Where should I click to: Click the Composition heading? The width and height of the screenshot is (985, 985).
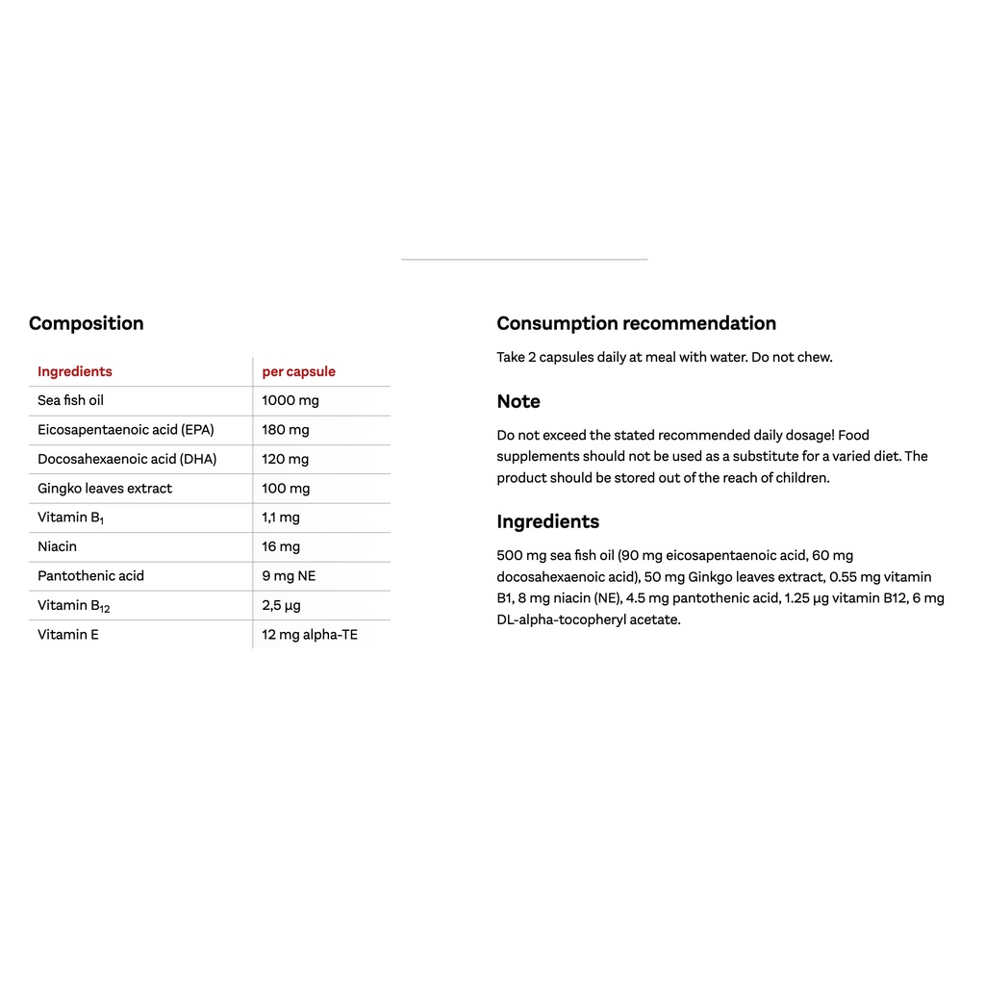tap(86, 323)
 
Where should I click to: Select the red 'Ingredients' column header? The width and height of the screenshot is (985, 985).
tap(74, 371)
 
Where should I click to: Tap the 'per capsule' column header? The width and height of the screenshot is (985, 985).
tap(298, 371)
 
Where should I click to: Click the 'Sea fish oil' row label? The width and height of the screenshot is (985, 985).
tap(70, 400)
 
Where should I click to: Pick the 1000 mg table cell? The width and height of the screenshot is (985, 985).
tap(290, 400)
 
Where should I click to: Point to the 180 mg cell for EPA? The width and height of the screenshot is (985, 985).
tap(285, 430)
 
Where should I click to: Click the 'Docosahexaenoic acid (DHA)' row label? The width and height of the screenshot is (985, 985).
tap(127, 459)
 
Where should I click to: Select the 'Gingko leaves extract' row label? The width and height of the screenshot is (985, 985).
tap(105, 488)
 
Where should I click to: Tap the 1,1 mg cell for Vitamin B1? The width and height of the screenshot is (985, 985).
tap(280, 518)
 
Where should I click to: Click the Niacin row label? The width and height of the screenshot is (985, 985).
tap(57, 546)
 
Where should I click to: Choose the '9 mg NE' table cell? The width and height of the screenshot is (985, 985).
tap(289, 575)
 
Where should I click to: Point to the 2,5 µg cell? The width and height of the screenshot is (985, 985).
tap(281, 605)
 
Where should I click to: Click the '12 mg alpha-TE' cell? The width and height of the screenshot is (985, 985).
tap(309, 634)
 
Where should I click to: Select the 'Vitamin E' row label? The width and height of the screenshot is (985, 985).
tap(67, 634)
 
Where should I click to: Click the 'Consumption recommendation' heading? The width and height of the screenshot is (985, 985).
tap(636, 323)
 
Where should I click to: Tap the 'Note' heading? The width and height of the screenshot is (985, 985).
tap(518, 401)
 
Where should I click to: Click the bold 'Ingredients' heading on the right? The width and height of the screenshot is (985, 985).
tap(547, 521)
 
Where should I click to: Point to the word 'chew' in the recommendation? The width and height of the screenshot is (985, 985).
tap(815, 357)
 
